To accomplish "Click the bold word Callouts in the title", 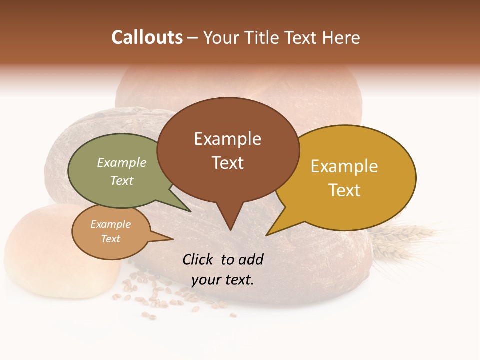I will tap(147, 37).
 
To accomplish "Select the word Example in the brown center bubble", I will tap(227, 139).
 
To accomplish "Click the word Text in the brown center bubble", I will tap(227, 163).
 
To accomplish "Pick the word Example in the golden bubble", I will tap(344, 166).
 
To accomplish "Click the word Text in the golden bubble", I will tap(344, 190).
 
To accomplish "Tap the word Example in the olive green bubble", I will tap(122, 162).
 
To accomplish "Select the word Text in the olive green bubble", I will tap(122, 180).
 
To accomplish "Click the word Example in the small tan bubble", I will tap(110, 224).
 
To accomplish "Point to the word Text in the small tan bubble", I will tap(110, 239).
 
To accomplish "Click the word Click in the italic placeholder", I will tap(198, 259).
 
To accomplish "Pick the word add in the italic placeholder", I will tap(251, 259).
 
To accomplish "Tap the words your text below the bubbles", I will tap(223, 280).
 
